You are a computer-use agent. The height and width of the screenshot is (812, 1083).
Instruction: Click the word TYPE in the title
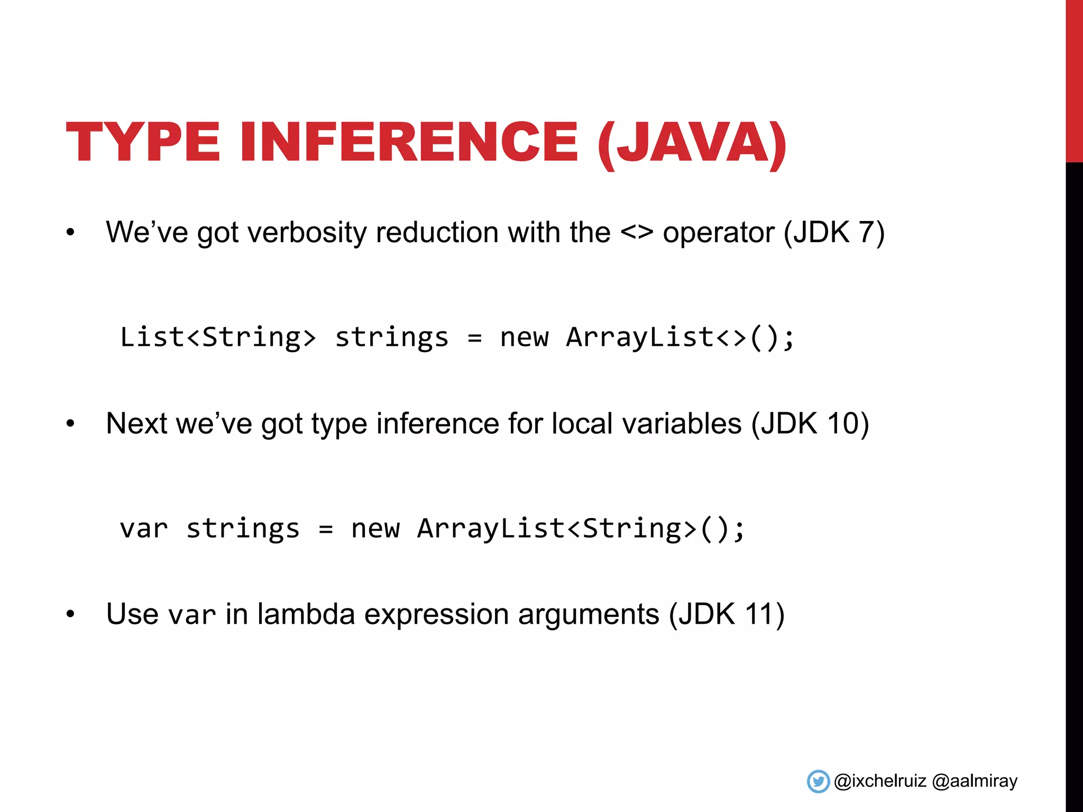[x=143, y=142]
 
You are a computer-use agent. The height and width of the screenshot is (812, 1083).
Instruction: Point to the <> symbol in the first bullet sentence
[x=637, y=233]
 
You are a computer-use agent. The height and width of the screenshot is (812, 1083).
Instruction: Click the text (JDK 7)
[x=834, y=233]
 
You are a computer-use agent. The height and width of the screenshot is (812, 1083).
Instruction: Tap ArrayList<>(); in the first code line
[x=680, y=337]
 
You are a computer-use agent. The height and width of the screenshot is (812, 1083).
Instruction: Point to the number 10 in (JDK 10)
[x=842, y=423]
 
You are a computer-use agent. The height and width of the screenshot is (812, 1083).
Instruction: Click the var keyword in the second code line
[x=143, y=529]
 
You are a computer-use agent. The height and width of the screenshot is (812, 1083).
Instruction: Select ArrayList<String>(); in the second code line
[x=581, y=529]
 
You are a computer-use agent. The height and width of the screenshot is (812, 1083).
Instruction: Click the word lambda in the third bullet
[x=306, y=614]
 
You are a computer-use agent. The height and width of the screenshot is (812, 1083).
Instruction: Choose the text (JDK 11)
[x=727, y=614]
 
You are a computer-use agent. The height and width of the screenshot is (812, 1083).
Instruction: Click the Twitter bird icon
[x=818, y=781]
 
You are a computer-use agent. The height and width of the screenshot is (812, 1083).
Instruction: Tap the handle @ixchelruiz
[x=880, y=781]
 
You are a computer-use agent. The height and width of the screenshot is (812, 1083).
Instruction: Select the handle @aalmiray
[x=975, y=781]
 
